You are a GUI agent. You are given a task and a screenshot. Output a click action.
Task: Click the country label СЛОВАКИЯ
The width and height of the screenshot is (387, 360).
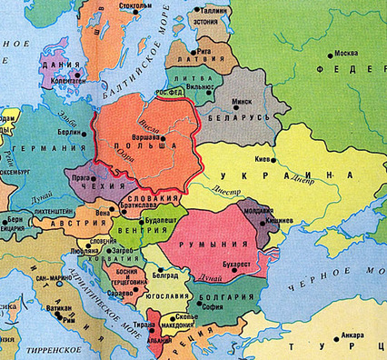point(152,198)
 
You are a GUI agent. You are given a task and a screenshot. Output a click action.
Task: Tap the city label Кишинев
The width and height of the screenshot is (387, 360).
point(283,221)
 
